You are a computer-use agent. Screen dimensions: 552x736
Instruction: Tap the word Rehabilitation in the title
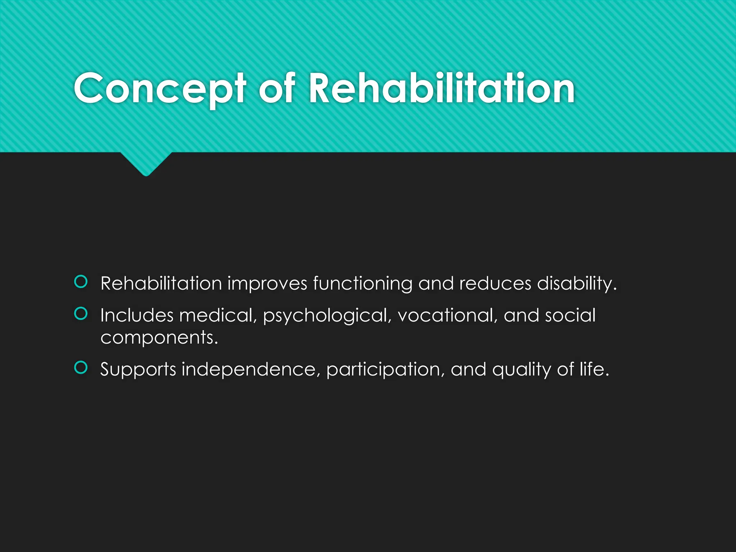click(442, 88)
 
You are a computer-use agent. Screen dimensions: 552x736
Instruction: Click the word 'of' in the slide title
click(277, 88)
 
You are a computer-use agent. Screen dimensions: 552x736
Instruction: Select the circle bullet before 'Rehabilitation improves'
click(81, 282)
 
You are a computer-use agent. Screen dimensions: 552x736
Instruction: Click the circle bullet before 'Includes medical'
click(81, 314)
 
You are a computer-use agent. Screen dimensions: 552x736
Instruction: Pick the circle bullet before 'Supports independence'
click(81, 367)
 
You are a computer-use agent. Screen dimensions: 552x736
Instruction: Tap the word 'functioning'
click(362, 284)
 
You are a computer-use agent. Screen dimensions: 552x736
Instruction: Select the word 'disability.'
click(576, 284)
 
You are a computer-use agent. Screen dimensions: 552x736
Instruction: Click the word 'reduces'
click(495, 284)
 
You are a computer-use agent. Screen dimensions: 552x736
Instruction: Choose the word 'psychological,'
click(327, 316)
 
